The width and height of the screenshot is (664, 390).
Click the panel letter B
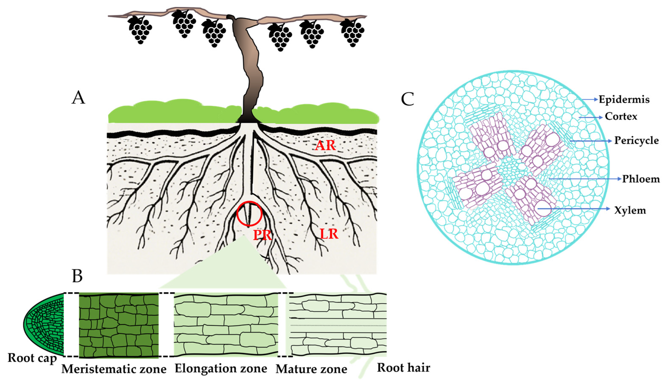coord(77,276)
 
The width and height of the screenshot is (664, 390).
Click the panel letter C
coord(407,99)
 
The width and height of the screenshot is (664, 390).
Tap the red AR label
coord(326,145)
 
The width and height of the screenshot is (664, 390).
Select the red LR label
coord(329,234)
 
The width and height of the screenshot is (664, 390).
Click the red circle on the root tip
coord(249,214)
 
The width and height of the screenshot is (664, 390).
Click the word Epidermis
coord(624,100)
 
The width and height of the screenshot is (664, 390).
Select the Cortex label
coord(621,116)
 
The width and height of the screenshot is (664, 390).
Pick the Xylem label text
coord(630,210)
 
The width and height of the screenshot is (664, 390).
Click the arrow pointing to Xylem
coord(574,209)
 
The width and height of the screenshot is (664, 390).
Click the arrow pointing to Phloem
coord(585,179)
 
